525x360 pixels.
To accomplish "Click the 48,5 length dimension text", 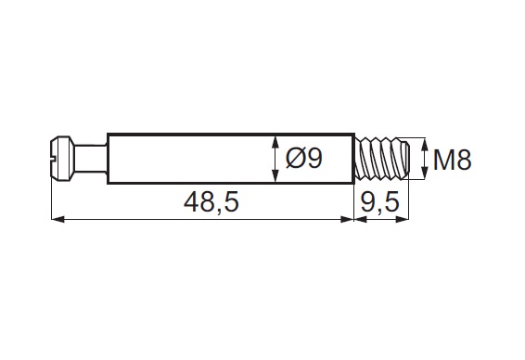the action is point(211,202).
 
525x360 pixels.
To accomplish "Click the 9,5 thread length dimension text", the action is point(380,202).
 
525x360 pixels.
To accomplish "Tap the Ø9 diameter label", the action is point(304,158).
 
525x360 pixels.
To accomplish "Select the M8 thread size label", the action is point(452,160).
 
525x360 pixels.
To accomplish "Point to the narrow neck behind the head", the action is point(90,159).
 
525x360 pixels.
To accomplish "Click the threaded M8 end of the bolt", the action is point(382,159).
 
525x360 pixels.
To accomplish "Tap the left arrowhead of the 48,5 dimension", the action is point(58,219).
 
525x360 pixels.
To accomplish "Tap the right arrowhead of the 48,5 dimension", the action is point(347,219).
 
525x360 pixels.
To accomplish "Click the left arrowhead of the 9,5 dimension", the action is point(361,219).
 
